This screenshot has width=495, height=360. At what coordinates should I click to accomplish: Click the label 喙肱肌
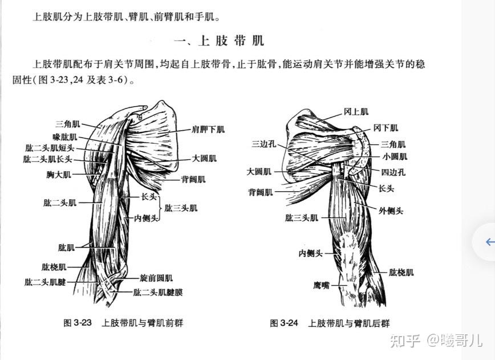pos(64,137)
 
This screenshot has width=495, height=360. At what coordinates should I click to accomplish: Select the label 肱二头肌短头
pos(50,148)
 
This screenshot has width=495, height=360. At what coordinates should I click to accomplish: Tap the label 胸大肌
pos(59,174)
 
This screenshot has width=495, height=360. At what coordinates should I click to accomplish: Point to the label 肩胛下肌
pos(208,130)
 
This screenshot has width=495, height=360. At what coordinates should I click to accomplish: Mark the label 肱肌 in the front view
pos(66,247)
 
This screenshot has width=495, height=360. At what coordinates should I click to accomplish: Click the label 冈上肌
pos(356,112)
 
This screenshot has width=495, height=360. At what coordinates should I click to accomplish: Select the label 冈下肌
pos(386,128)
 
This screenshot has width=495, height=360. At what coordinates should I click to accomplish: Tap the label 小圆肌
pos(395,156)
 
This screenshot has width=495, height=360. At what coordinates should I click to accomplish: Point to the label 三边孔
pos(263,144)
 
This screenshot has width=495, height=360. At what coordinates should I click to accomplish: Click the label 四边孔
pos(393,172)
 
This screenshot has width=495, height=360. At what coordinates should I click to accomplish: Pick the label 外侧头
pos(391,211)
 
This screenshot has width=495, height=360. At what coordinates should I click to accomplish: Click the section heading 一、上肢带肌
pos(219,41)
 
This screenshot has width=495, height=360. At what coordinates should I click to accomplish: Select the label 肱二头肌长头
pos(48,159)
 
